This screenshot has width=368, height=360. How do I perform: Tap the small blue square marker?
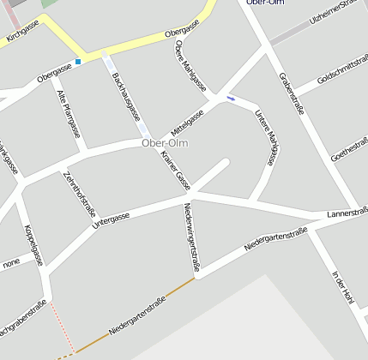coord(78,62)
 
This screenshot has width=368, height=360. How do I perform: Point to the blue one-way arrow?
coord(230,98)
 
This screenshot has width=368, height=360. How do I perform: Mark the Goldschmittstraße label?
coord(342,69)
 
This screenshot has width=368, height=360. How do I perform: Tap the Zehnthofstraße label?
coord(80,194)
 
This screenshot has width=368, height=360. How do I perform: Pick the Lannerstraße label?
coord(347,212)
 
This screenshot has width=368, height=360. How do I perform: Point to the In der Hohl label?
coord(342,287)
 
